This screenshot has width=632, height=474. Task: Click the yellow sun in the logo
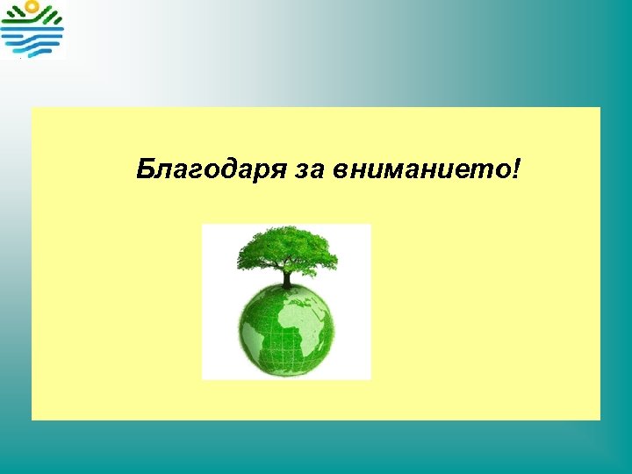click(x=31, y=7)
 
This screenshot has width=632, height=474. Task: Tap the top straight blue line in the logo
click(x=32, y=30)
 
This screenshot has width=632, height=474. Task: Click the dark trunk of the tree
click(x=286, y=278)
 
